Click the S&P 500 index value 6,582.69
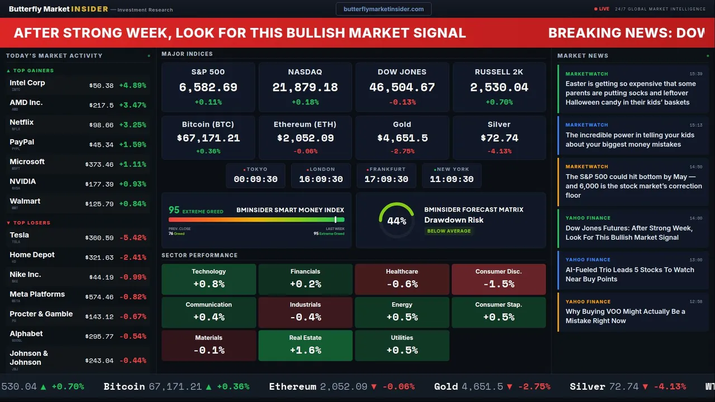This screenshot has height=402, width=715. (208, 87)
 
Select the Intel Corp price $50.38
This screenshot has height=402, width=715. (101, 86)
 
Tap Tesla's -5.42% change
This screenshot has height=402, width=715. (133, 238)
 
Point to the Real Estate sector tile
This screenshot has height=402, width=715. (305, 346)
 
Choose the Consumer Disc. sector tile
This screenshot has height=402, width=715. (498, 279)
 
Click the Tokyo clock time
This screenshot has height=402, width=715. (256, 179)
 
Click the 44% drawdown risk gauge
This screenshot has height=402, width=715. (397, 221)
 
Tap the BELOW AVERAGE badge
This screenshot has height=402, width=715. (449, 231)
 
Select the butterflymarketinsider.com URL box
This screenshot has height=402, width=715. (384, 9)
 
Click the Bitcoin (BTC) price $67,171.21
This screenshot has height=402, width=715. (208, 138)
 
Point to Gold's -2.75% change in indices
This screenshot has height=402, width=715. (402, 151)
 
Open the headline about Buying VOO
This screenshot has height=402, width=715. (625, 316)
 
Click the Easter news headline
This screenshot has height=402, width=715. (631, 93)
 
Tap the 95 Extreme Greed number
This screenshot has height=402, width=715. (174, 210)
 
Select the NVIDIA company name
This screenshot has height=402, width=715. (23, 181)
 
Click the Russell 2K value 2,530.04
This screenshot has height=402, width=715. (499, 87)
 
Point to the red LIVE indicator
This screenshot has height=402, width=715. (602, 9)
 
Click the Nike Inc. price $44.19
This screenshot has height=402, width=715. (101, 277)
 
